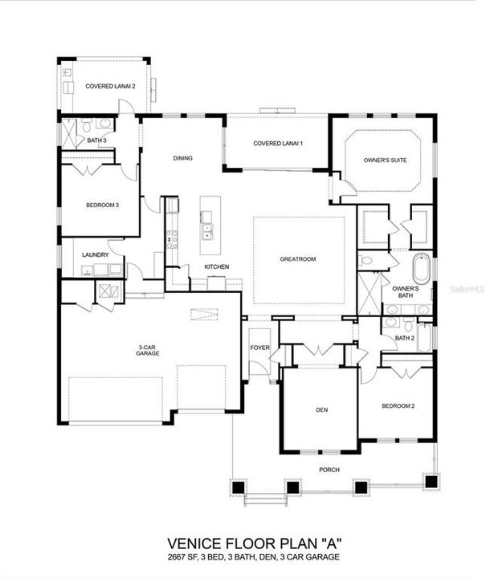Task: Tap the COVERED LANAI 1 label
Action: pos(277,144)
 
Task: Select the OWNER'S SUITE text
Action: pos(385,161)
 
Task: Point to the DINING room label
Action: pos(182,158)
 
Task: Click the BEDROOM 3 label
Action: pos(102,206)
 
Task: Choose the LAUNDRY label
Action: pos(95,255)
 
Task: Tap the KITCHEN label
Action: pos(216,267)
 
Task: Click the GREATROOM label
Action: pos(298,259)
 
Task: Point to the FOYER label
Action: pos(259,348)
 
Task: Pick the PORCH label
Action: pos(329,470)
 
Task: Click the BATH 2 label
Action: pos(404,338)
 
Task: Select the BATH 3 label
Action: pos(97,141)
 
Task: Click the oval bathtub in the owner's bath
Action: pos(422,269)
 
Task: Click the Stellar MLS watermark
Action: pos(462,285)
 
